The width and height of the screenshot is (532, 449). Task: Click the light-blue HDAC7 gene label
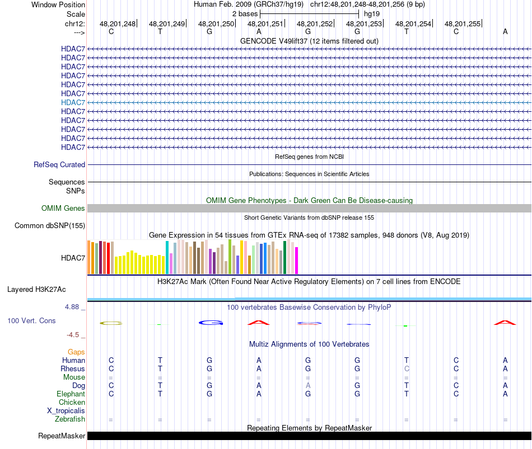pos(73,102)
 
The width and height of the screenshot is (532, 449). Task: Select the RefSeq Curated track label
pos(59,165)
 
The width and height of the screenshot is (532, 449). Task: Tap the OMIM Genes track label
pos(63,209)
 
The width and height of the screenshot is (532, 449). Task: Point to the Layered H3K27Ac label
pos(36,290)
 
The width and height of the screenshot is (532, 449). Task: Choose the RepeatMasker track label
pos(62,436)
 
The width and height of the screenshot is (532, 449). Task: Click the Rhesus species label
pos(73,369)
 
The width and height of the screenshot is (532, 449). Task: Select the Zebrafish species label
pos(70,419)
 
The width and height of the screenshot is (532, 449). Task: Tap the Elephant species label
pos(71,394)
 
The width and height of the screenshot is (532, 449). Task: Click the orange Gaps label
pos(76,352)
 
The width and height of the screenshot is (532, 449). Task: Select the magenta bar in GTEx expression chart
pos(297,261)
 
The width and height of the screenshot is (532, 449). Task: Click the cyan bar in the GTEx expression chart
pos(167,258)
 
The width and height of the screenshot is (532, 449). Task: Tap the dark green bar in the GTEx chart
pos(285,257)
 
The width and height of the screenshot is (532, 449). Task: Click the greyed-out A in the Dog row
pos(308,386)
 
